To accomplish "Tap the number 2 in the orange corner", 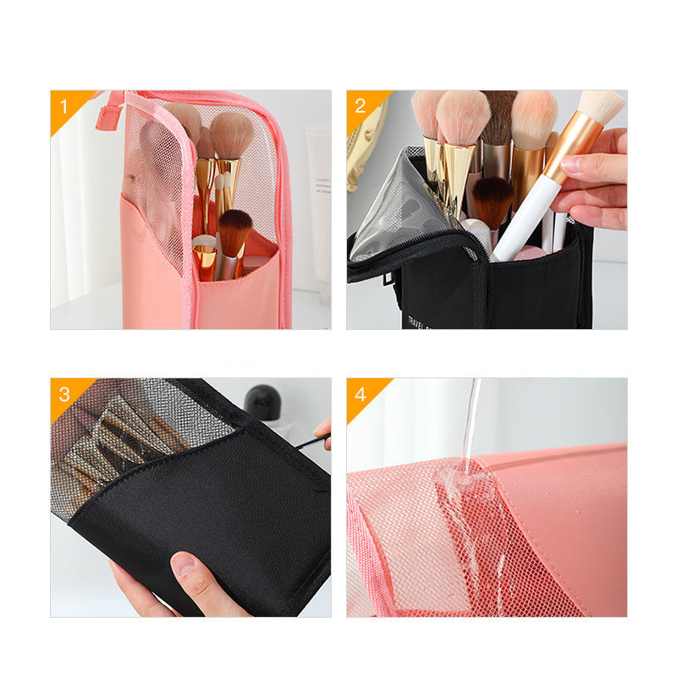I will [x=360, y=106].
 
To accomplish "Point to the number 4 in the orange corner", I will [x=360, y=394].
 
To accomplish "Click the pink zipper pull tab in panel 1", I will [x=108, y=111].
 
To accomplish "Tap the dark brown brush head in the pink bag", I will [x=234, y=228].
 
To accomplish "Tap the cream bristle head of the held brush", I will [x=603, y=107].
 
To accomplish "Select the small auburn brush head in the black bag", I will [x=491, y=200].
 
